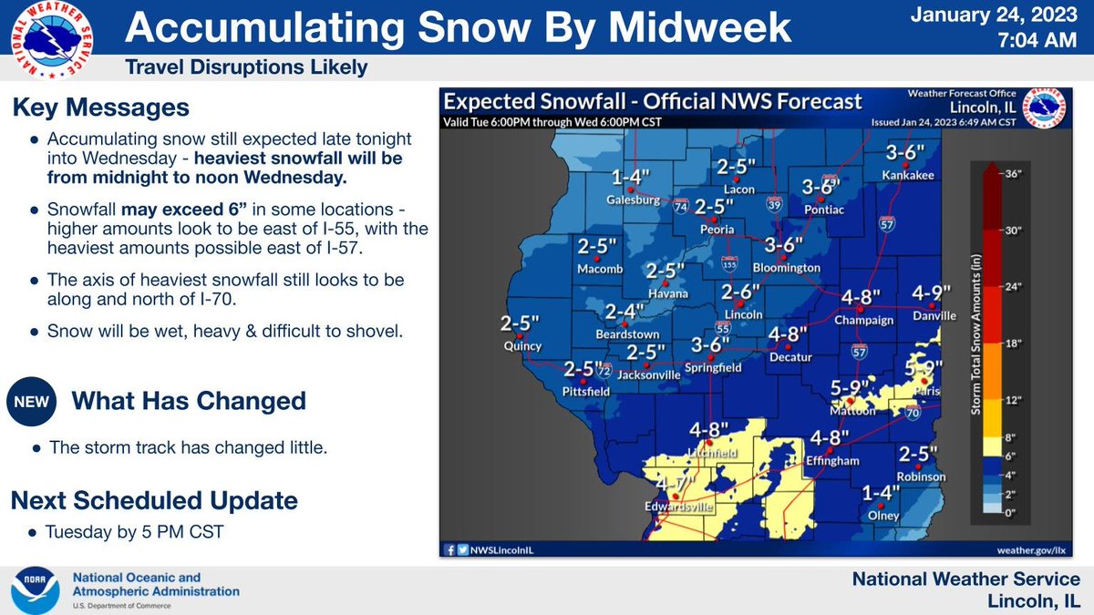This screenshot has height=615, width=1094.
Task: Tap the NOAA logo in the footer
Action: point(36,590)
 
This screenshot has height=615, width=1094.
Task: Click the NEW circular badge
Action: point(31,402)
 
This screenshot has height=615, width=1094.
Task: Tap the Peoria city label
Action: point(717,230)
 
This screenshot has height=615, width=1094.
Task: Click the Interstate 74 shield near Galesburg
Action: point(681,207)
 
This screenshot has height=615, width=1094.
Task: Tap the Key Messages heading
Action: point(100,108)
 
